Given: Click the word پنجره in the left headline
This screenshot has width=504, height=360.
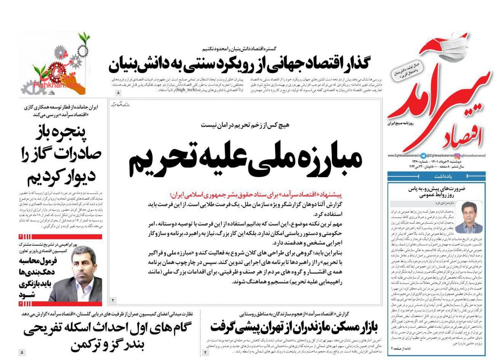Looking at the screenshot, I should [x=81, y=132].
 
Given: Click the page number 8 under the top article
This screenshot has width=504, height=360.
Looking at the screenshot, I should [x=119, y=93].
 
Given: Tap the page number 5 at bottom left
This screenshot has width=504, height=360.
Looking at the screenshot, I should [x=22, y=352].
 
